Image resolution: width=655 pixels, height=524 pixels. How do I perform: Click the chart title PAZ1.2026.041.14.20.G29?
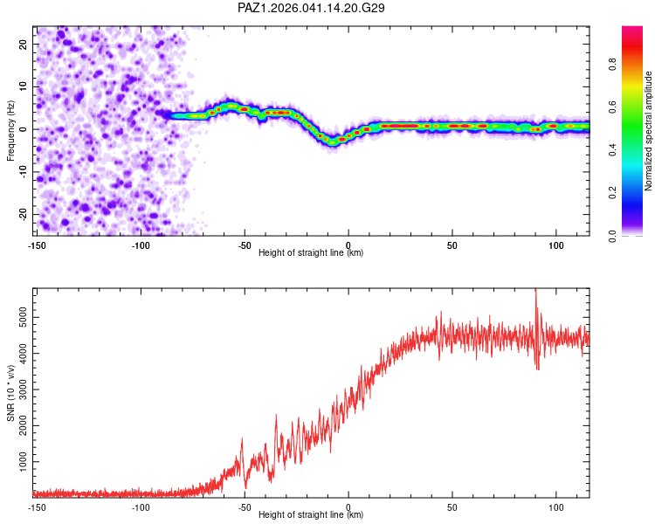pyautogui.click(x=312, y=8)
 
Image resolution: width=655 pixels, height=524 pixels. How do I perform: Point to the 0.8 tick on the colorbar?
pyautogui.click(x=613, y=64)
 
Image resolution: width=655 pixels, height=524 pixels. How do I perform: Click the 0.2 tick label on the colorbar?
pyautogui.click(x=613, y=193)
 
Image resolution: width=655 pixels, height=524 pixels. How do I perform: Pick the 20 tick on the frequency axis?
pyautogui.click(x=24, y=44)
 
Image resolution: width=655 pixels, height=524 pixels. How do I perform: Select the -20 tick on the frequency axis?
pyautogui.click(x=22, y=214)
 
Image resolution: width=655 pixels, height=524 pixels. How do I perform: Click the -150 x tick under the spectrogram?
pyautogui.click(x=37, y=245)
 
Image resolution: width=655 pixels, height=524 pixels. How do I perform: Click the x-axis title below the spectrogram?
pyautogui.click(x=312, y=253)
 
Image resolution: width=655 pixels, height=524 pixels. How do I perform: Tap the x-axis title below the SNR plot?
pyautogui.click(x=312, y=515)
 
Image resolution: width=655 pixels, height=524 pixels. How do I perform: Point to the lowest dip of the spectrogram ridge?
pyautogui.click(x=333, y=141)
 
